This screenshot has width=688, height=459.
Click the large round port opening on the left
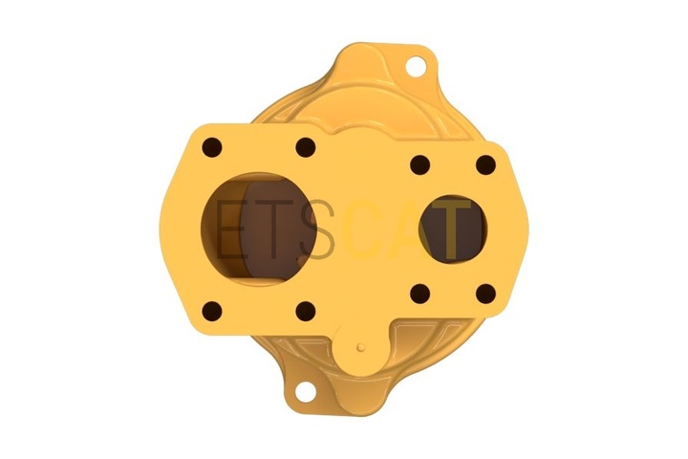tap(259, 229)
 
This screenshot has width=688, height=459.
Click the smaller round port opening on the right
tap(452, 229)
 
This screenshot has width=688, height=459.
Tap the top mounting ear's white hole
tap(416, 66)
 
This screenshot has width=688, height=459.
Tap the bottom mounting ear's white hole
tap(306, 390)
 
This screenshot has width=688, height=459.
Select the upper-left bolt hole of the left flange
tap(212, 147)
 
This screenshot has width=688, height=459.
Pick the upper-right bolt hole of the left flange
tap(306, 147)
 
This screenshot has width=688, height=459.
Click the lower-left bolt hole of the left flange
tap(212, 311)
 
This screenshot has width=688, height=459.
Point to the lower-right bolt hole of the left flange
tap(306, 311)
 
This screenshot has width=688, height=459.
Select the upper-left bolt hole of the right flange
tap(419, 165)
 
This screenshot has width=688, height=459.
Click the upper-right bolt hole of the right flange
tap(485, 165)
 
